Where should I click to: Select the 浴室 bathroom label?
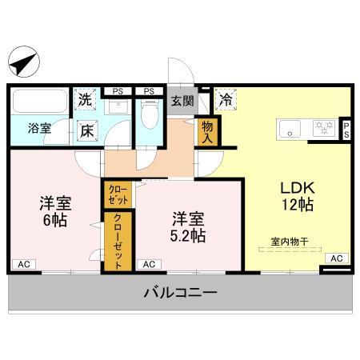click(x=39, y=128)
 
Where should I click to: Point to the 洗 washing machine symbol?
click(x=85, y=101)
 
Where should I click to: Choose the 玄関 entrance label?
click(x=182, y=101)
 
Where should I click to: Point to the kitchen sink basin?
click(x=290, y=127)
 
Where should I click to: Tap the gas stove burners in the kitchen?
click(x=323, y=127)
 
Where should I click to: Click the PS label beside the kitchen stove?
click(x=346, y=130)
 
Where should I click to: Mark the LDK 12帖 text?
click(x=297, y=196)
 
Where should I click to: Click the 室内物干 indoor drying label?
click(x=291, y=241)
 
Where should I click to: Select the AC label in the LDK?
click(x=336, y=258)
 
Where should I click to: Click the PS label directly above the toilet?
click(x=149, y=90)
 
